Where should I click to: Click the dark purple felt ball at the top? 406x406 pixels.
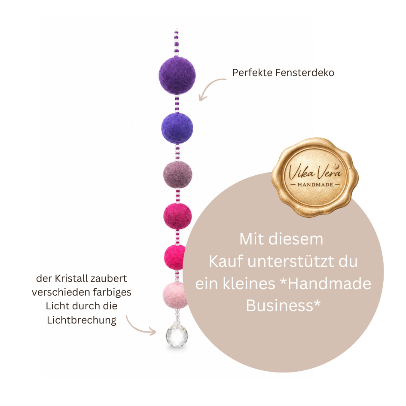coord(177,75)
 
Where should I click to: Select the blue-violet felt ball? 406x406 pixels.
coord(177,128)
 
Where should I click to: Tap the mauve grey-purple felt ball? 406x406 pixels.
coord(177,175)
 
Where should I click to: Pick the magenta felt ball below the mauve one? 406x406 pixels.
coord(177,216)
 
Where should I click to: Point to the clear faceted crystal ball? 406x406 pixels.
coord(177,336)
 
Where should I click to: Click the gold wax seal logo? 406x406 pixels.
coord(314,177)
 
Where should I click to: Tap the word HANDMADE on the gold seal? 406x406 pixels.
coord(315,185)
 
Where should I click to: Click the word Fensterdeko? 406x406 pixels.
coord(305,73)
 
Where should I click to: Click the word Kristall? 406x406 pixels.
coord(70,278)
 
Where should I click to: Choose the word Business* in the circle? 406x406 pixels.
coord(283,305)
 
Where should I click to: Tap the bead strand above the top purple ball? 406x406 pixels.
coord(176,43)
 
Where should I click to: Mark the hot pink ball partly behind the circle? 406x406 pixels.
coord(175,257)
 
